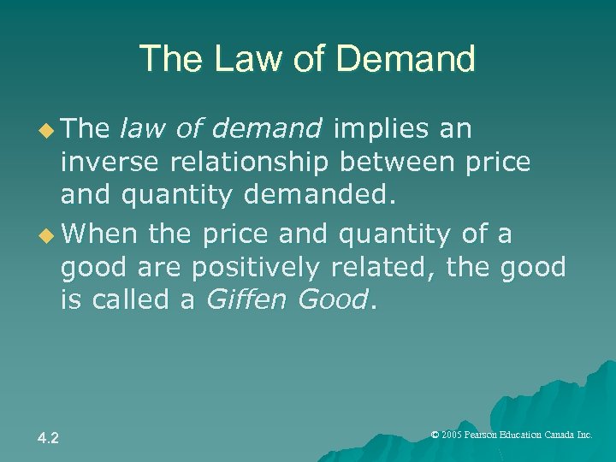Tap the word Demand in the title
coord(408,60)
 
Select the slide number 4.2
coord(48,438)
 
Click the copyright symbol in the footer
coord(435,435)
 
